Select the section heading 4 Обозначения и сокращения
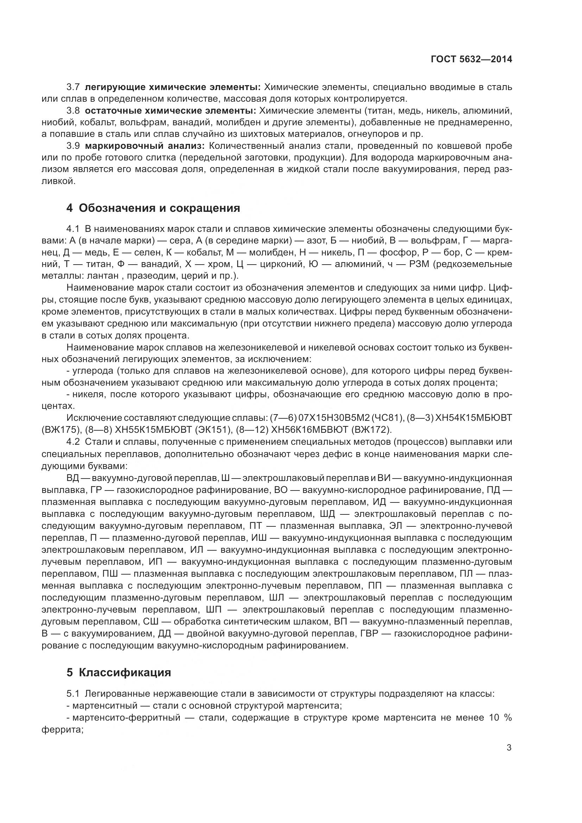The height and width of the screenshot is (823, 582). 153,208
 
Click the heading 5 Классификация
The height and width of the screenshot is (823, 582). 119,672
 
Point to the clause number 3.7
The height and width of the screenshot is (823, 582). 73,87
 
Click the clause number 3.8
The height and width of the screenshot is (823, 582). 73,111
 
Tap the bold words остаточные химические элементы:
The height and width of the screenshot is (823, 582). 171,111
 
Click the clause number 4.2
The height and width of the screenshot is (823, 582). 73,442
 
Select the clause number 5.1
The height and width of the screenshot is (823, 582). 73,694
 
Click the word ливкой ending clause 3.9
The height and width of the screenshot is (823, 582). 58,181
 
